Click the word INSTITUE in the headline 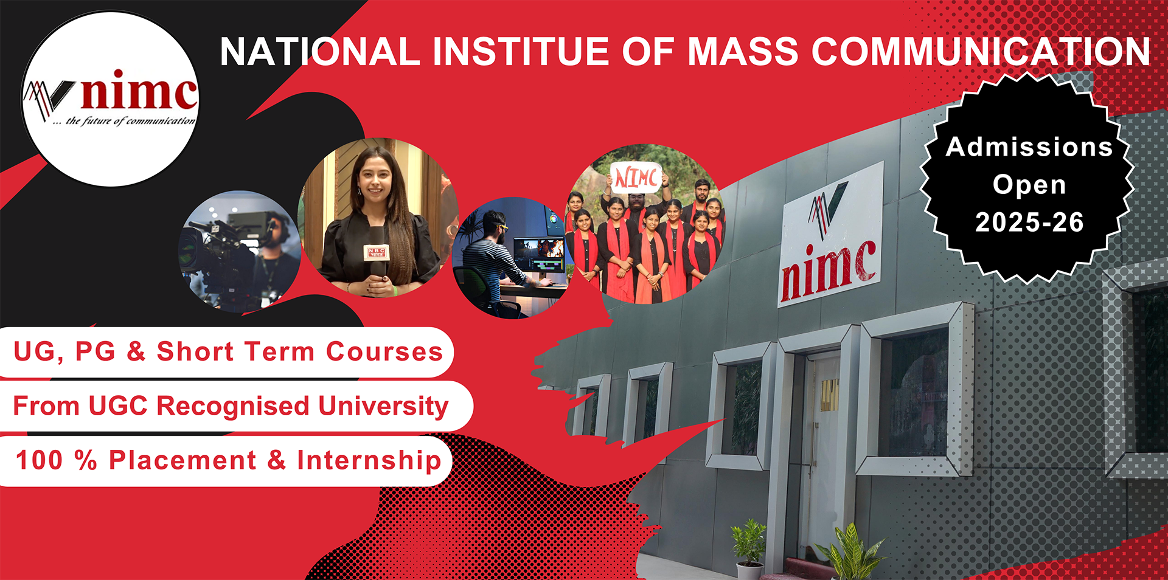click(x=521, y=51)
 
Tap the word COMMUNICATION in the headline click(x=981, y=51)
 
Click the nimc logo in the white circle click(x=110, y=97)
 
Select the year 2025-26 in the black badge click(x=1029, y=223)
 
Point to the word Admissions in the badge click(x=1029, y=147)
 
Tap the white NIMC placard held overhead click(x=636, y=178)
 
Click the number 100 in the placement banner click(x=39, y=460)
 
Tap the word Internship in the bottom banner click(x=369, y=461)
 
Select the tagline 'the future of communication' click(x=124, y=121)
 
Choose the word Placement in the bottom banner click(x=182, y=460)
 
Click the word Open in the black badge click(x=1029, y=185)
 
